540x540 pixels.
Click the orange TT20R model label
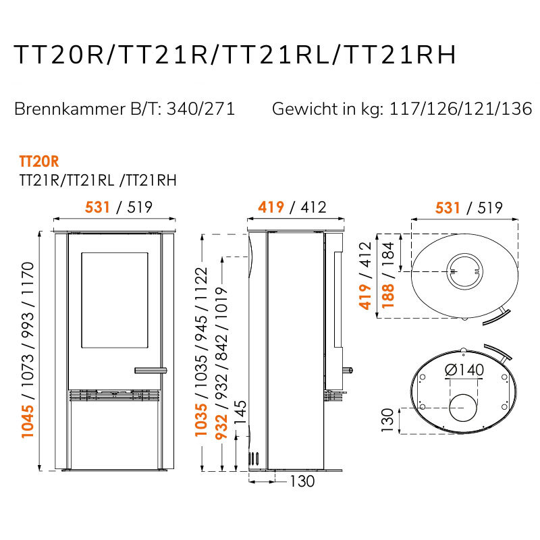point(39,161)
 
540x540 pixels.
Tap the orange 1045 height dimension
point(28,421)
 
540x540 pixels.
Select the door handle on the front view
point(151,371)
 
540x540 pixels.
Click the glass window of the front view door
point(115,300)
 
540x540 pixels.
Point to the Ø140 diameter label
point(464,370)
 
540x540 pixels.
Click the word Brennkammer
point(70,109)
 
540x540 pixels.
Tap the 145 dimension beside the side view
point(240,412)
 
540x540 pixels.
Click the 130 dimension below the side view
point(302,481)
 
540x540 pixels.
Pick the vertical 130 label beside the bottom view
point(387,420)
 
